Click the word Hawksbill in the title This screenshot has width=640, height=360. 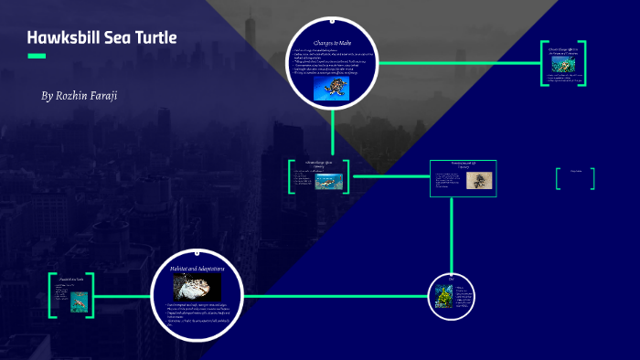coord(62,38)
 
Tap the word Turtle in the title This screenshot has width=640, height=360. coord(152,38)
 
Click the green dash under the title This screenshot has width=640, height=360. coord(37,56)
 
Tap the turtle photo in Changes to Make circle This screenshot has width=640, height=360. coord(331,87)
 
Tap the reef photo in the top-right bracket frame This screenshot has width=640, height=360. coord(562,69)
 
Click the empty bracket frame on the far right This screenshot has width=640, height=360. coord(575,178)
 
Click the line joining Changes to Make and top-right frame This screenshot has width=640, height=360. coord(457,63)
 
